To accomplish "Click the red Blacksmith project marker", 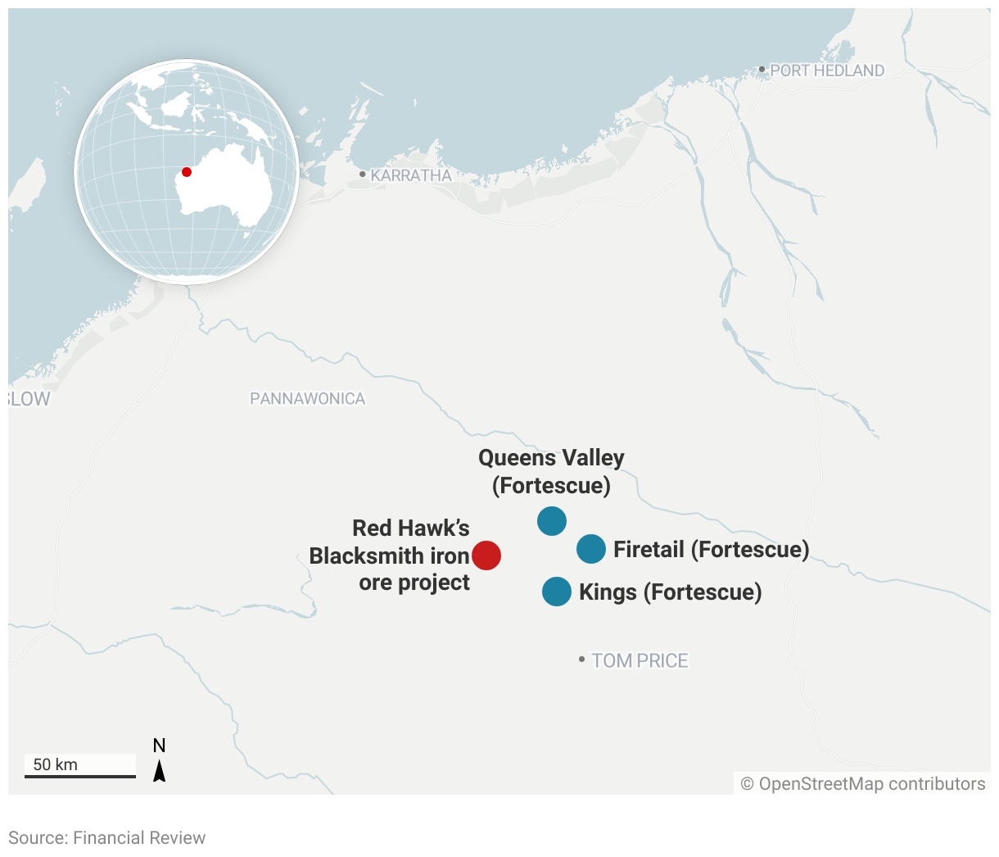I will (x=486, y=555).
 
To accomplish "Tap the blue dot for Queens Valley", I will (x=552, y=521).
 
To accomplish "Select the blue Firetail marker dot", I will (x=591, y=549).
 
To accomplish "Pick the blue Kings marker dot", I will (x=557, y=592).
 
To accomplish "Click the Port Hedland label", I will (x=827, y=71).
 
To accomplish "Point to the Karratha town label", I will (x=411, y=175).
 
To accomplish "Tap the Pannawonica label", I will (x=308, y=399).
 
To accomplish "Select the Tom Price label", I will (x=640, y=660).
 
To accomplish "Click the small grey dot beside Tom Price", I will (x=582, y=660).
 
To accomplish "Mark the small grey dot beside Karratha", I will (x=363, y=175).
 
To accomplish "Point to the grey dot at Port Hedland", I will (x=762, y=70).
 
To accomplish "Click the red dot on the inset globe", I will (x=187, y=172).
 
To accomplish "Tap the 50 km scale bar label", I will (x=56, y=764).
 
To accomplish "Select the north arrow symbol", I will (x=160, y=769).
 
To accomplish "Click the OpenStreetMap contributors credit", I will (x=863, y=784).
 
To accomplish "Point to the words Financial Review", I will (x=139, y=837).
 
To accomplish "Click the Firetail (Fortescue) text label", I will (x=711, y=549).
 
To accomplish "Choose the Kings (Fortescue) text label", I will (x=670, y=592).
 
